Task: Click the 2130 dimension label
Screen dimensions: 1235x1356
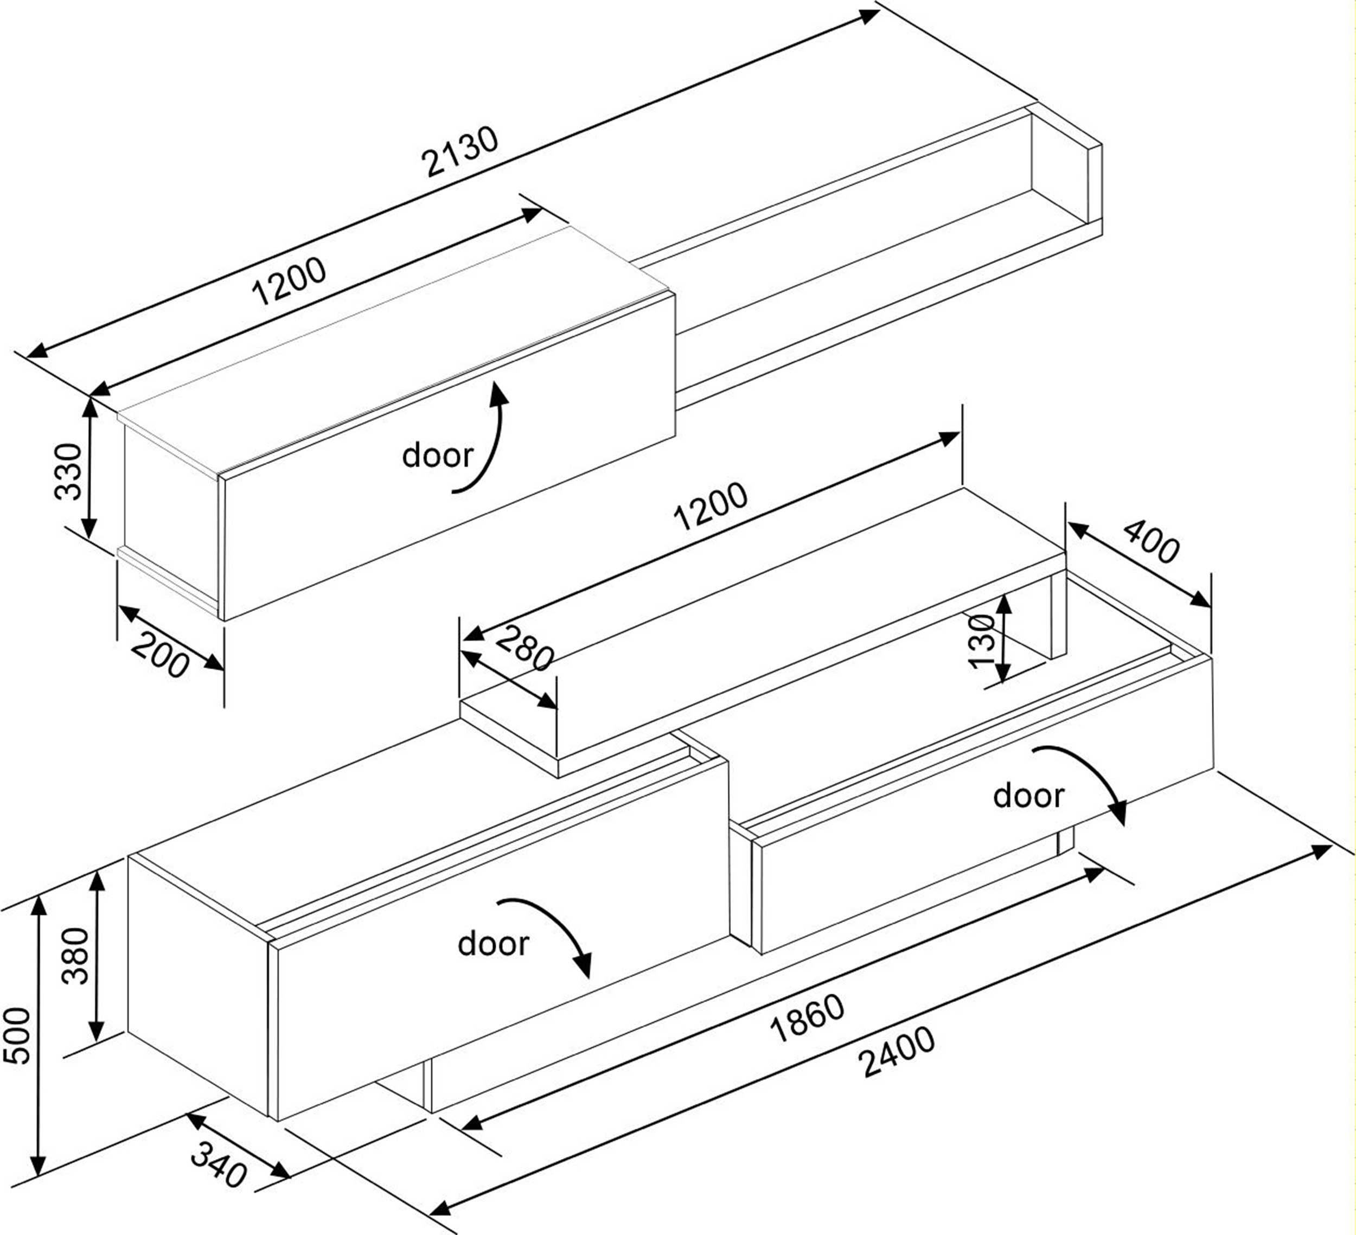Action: coord(460,151)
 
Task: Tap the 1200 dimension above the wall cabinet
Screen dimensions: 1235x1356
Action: coord(289,280)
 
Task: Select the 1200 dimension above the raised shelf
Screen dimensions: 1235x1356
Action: coord(711,506)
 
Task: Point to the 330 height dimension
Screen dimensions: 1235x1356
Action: coord(68,471)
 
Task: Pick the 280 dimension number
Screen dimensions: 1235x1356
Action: coord(525,648)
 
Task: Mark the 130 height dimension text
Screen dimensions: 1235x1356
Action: coord(981,641)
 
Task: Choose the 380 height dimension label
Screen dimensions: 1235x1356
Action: coord(75,956)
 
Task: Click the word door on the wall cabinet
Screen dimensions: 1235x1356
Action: coord(437,456)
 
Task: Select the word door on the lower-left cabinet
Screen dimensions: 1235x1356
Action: coord(493,944)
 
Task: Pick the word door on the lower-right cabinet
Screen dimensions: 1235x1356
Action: coord(1028,796)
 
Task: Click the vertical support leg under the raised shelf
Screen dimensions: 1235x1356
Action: coord(1058,616)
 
